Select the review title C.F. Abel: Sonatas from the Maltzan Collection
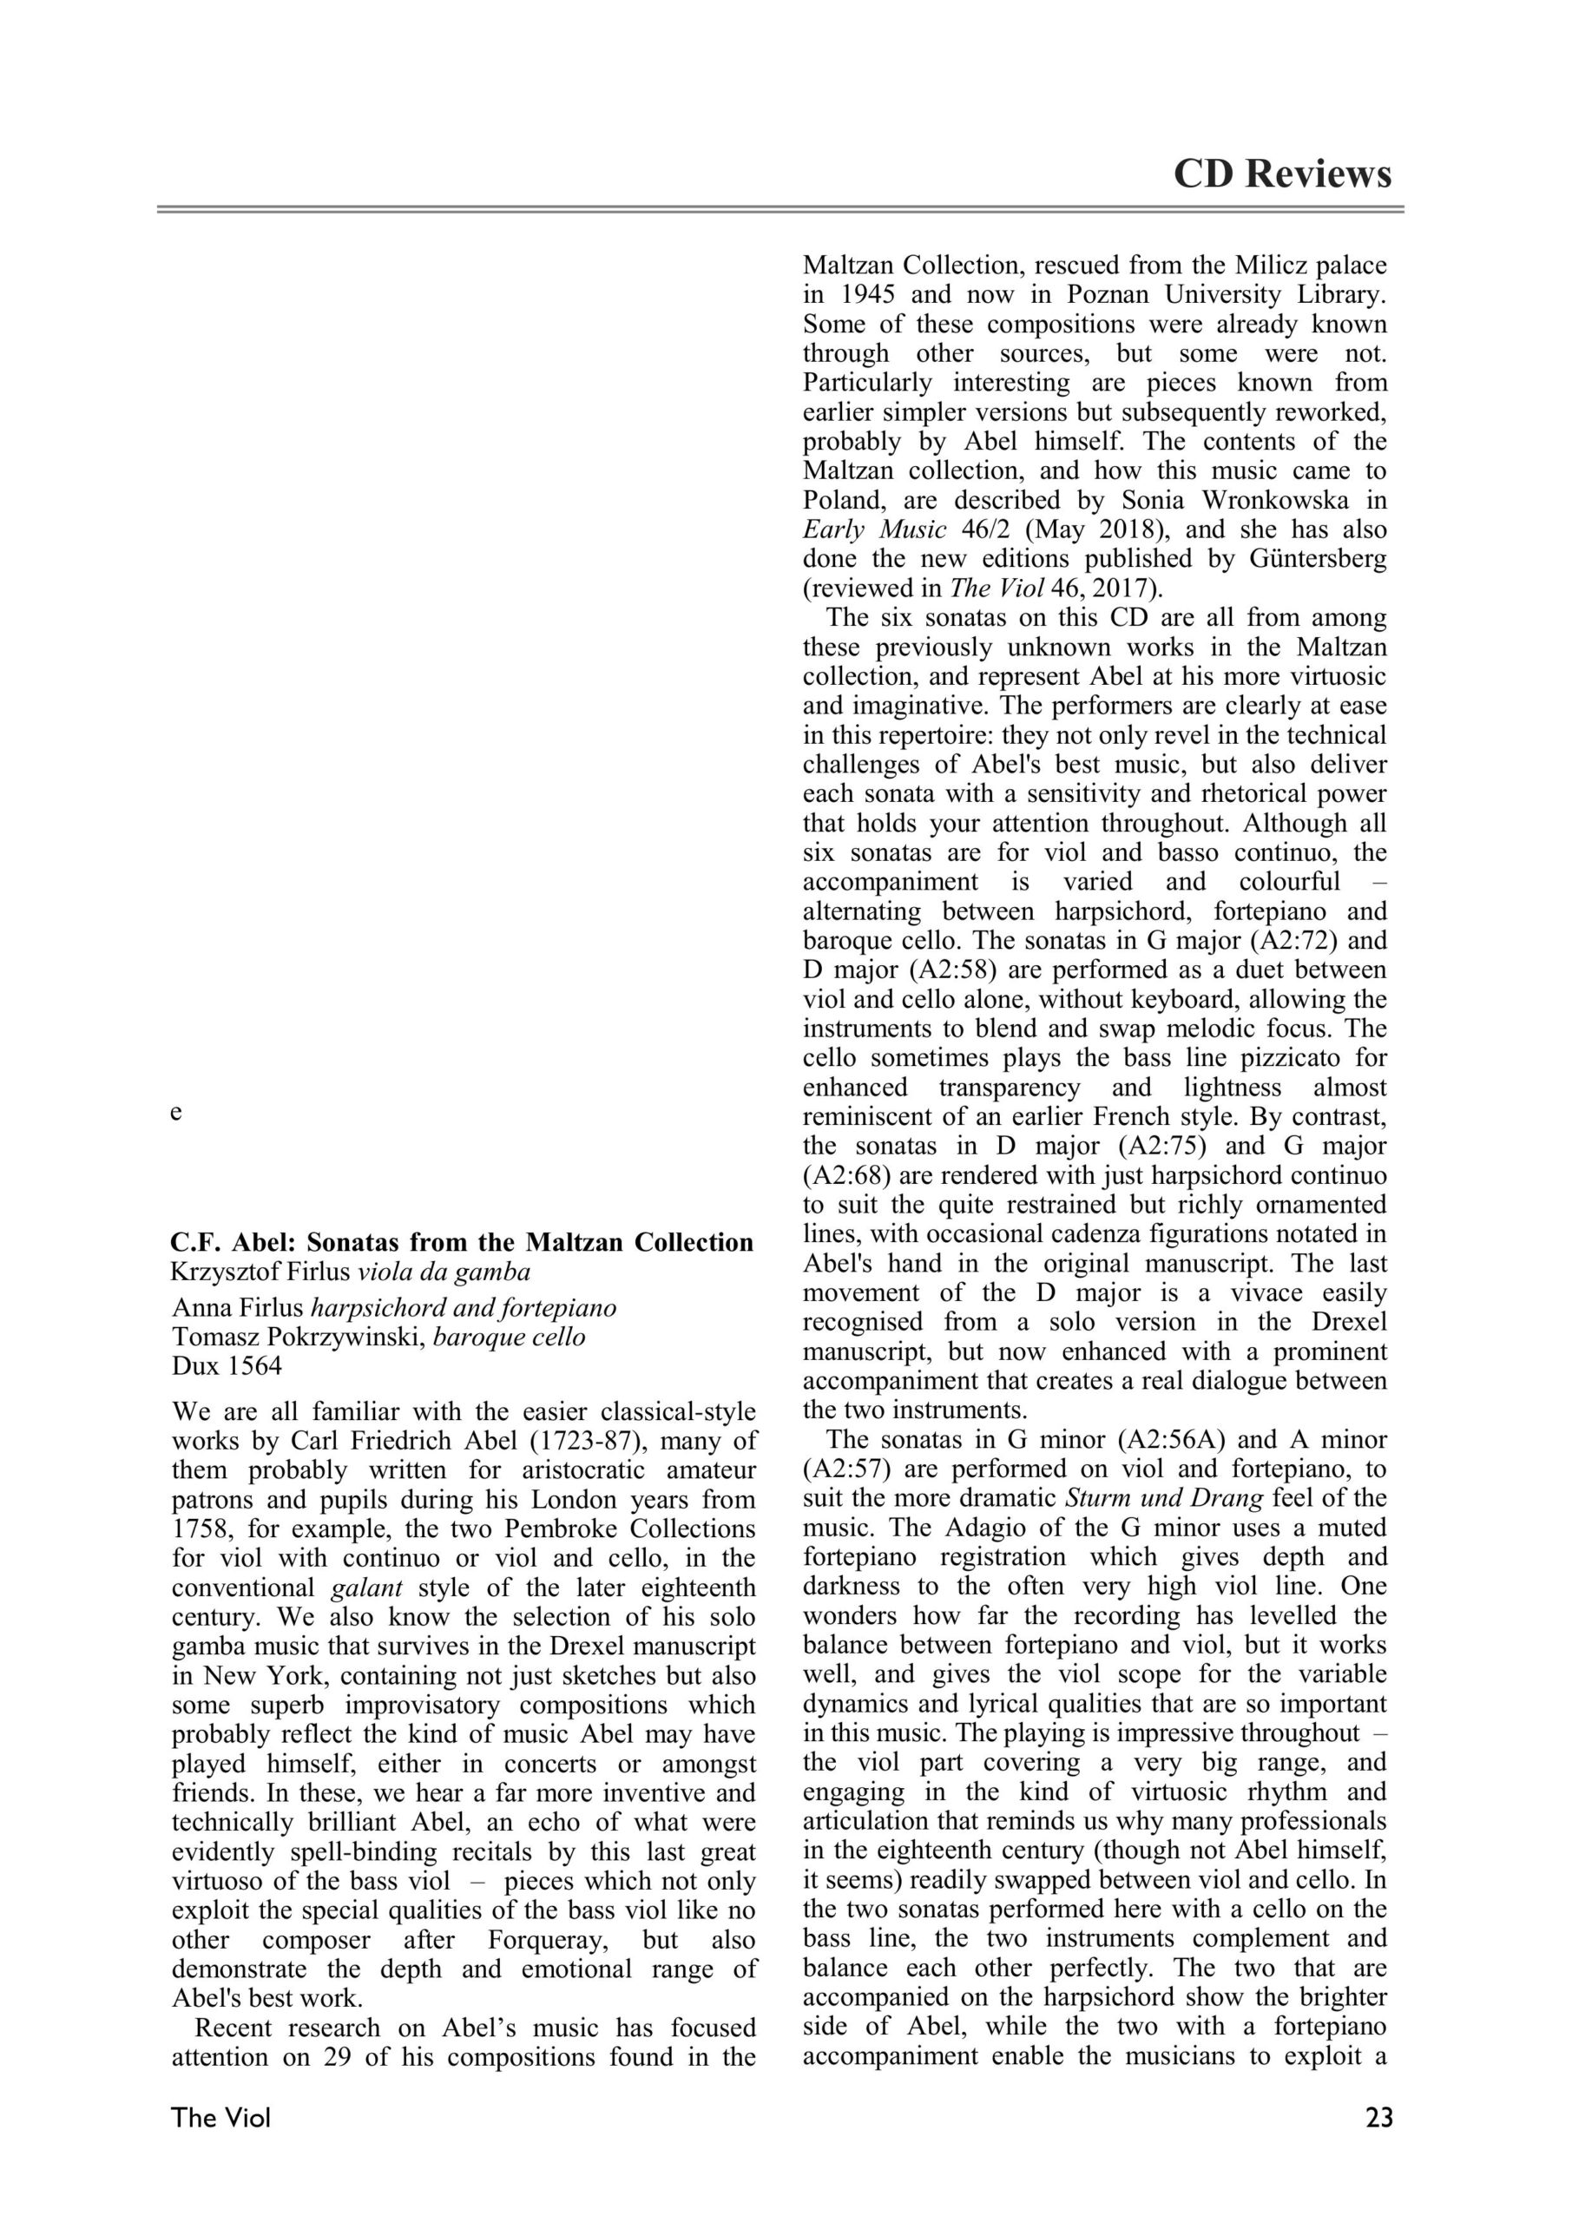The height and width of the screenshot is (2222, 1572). pyautogui.click(x=462, y=1243)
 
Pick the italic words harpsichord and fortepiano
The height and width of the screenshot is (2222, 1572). pyautogui.click(x=463, y=1308)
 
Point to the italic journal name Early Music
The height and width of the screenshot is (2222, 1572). pyautogui.click(x=874, y=530)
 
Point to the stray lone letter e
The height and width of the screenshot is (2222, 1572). pyautogui.click(x=175, y=1113)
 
